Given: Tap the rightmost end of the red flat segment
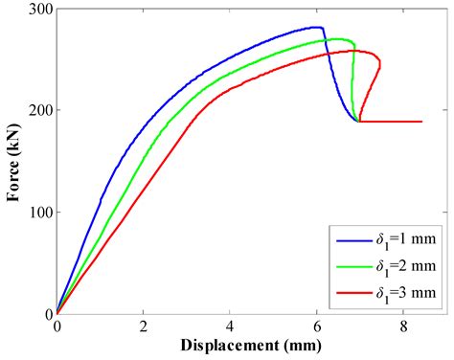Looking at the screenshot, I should [x=421, y=122].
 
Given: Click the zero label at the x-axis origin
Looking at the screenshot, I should [x=57, y=326].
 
